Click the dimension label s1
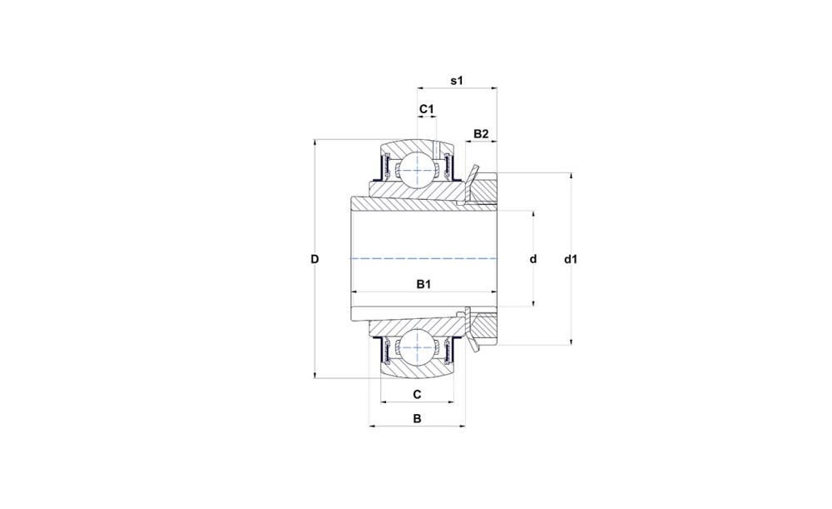coord(457,81)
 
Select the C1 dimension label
coord(427,109)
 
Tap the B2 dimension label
coord(481,134)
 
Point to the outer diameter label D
coord(314,259)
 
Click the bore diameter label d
coord(533,259)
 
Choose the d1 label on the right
coord(571,259)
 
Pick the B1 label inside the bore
coord(423,285)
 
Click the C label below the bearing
coord(417,394)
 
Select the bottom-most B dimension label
coord(417,419)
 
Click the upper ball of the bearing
coord(417,170)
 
